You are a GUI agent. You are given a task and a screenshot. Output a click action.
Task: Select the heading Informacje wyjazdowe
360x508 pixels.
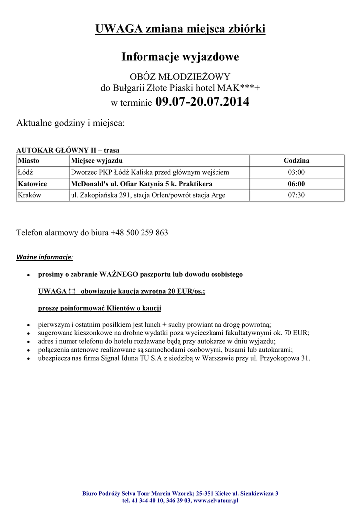180,57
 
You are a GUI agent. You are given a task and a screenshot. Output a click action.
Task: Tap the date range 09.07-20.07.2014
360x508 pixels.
203,102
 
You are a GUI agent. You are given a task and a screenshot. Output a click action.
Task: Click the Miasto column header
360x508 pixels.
28,161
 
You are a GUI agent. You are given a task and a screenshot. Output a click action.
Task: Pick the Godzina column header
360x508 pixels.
296,161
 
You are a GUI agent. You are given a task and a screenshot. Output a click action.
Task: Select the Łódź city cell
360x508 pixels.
25,172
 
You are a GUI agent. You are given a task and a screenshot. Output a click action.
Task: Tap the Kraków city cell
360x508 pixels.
29,195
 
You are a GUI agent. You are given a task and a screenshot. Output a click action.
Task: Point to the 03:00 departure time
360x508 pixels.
296,172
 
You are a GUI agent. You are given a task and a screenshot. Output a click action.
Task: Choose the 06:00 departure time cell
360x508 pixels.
296,184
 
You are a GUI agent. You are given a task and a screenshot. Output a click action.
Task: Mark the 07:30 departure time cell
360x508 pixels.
296,195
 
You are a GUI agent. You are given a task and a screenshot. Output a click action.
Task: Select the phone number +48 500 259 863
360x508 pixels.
139,232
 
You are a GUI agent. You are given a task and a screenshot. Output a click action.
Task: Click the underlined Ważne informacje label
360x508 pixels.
45,257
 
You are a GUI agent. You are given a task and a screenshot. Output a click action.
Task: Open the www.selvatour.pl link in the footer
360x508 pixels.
216,501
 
